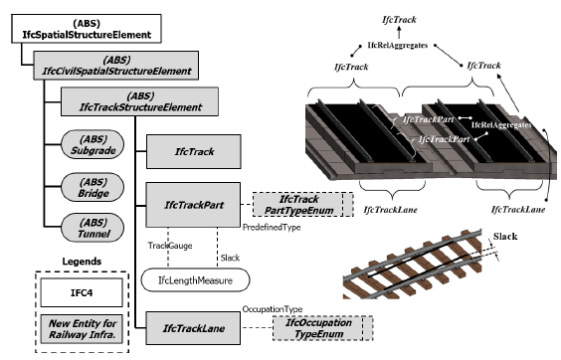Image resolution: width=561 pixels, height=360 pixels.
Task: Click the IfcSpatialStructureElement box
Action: coord(87,29)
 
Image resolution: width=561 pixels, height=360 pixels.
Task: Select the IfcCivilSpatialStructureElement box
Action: coord(116,65)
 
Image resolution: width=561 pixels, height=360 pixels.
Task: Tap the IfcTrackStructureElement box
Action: coord(140,101)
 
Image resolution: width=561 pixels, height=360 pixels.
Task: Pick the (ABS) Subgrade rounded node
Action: coord(93,144)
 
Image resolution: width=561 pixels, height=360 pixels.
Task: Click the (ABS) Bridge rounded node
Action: coord(93,187)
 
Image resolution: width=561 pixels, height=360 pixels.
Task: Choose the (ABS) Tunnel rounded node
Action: coord(93,228)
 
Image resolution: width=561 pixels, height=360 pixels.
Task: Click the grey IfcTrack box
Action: coord(194,151)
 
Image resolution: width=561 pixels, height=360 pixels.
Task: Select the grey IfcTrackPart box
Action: coord(193,205)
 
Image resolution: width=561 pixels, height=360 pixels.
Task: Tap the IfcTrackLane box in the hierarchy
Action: coord(193,328)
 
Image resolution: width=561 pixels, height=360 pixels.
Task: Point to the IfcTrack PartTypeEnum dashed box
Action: coord(303,204)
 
